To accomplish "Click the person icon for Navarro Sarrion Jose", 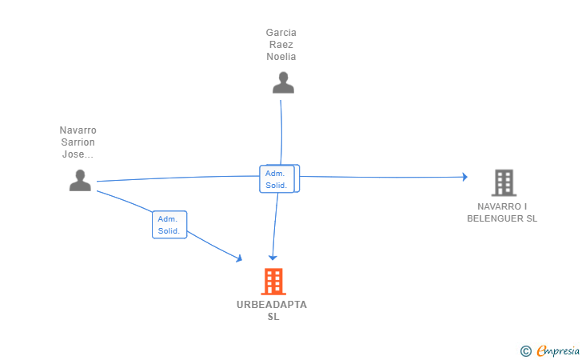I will [80, 180].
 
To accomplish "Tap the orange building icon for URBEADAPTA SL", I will [273, 282].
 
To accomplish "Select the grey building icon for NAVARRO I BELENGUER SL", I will [503, 183].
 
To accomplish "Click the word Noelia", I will [281, 56].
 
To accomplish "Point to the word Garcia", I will [281, 33].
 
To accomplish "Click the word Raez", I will [281, 45].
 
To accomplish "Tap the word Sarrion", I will [78, 142].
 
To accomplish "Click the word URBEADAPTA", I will [272, 305].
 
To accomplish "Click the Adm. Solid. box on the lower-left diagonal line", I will [169, 225].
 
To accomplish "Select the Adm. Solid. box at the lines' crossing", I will [279, 178].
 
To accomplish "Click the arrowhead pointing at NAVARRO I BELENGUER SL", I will [464, 177].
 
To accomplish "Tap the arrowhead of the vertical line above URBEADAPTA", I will [273, 257].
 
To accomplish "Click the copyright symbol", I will [525, 350].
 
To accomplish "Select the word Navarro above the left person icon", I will [78, 130].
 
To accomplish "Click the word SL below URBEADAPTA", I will [273, 317].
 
